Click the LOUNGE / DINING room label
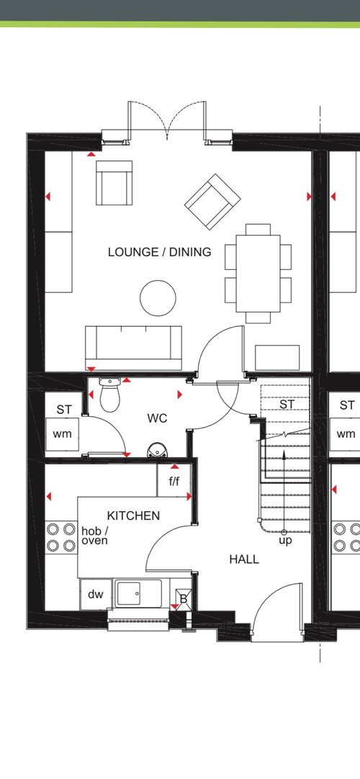tap(159, 252)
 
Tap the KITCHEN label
tap(134, 515)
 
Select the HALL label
tap(244, 559)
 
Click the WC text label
tap(157, 418)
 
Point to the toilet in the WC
tap(109, 395)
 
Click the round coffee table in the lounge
tap(158, 298)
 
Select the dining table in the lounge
tap(258, 274)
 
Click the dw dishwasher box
tap(96, 594)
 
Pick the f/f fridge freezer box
tap(174, 480)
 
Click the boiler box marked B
tap(183, 599)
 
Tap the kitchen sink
tap(139, 593)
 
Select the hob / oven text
tap(94, 536)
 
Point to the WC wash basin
tap(158, 449)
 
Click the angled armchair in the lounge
tap(212, 201)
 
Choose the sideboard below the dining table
tap(277, 358)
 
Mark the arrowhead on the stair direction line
tap(284, 455)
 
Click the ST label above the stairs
tap(287, 405)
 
